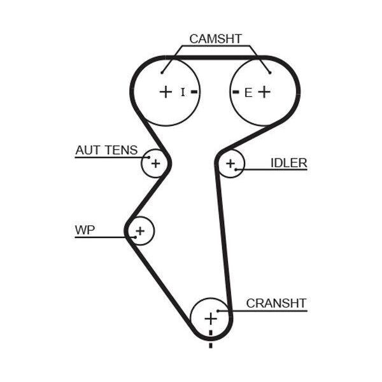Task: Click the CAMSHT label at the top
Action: click(x=215, y=39)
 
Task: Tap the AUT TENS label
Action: click(x=106, y=150)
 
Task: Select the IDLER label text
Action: click(x=288, y=163)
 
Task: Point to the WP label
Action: click(x=85, y=230)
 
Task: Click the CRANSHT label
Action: click(x=276, y=303)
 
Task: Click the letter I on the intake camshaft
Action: click(x=183, y=92)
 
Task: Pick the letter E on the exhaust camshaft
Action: click(x=248, y=93)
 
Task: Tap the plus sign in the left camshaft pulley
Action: click(x=166, y=92)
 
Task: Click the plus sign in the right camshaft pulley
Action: click(x=264, y=92)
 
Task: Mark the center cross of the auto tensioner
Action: click(x=156, y=163)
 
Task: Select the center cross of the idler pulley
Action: click(x=230, y=164)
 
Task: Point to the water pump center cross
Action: click(x=140, y=230)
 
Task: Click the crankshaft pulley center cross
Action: click(x=211, y=319)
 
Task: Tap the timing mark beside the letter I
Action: click(x=194, y=92)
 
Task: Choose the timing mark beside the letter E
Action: click(x=236, y=92)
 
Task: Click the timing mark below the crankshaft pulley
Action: click(x=211, y=339)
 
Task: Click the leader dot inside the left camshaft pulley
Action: click(x=162, y=73)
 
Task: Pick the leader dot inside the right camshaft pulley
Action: click(x=270, y=73)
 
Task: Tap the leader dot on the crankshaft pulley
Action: click(x=218, y=311)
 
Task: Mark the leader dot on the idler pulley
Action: click(x=236, y=169)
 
